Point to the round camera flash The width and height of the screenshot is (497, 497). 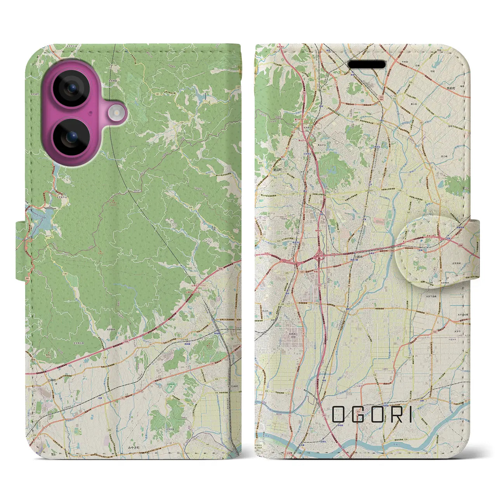[115, 113]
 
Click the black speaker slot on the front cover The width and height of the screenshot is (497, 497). [367, 64]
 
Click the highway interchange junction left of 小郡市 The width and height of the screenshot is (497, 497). [320, 256]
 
